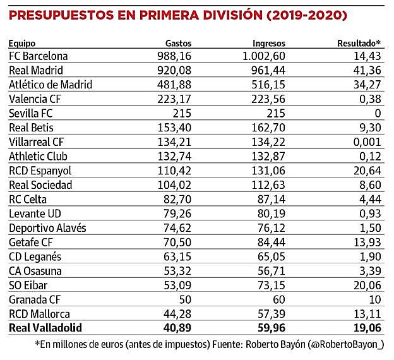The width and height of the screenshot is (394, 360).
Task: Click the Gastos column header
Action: [x=177, y=44]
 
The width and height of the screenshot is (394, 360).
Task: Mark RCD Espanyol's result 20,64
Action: [x=367, y=171]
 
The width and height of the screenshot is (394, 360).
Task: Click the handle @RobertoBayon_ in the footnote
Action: [x=346, y=345]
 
